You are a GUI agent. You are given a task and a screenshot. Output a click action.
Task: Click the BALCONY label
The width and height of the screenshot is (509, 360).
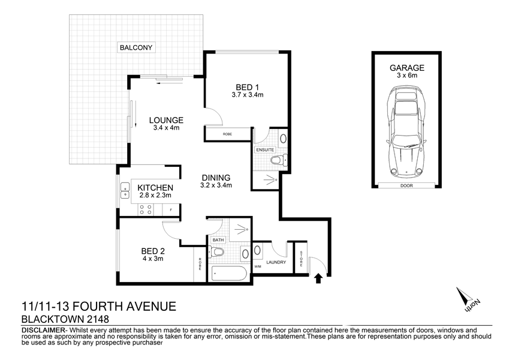tap(137, 47)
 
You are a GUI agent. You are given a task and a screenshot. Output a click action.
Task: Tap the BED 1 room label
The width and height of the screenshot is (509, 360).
tap(248, 86)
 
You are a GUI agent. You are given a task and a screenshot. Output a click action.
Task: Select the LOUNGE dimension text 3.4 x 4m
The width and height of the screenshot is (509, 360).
tap(167, 128)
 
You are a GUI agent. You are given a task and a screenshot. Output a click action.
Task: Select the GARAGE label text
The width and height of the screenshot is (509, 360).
tap(407, 68)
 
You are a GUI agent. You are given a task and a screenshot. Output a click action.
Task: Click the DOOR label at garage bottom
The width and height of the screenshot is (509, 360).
tap(407, 185)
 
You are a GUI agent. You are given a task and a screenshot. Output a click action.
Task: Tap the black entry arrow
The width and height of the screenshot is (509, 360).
tap(318, 277)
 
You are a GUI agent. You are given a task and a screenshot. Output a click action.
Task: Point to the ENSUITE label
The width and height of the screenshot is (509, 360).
tap(264, 149)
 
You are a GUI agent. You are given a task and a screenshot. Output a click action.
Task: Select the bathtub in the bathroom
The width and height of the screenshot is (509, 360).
tap(228, 274)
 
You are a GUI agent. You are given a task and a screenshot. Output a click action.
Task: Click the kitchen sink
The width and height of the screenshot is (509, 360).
tap(125, 190)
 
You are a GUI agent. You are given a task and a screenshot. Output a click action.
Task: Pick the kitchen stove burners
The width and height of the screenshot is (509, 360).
tap(145, 209)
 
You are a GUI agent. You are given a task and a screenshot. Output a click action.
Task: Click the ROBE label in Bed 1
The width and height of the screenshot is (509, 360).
tap(227, 134)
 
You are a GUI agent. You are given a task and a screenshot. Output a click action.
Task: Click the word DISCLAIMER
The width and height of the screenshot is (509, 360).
tap(42, 331)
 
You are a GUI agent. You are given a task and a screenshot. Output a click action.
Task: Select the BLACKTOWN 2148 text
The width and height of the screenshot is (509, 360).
tap(65, 320)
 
